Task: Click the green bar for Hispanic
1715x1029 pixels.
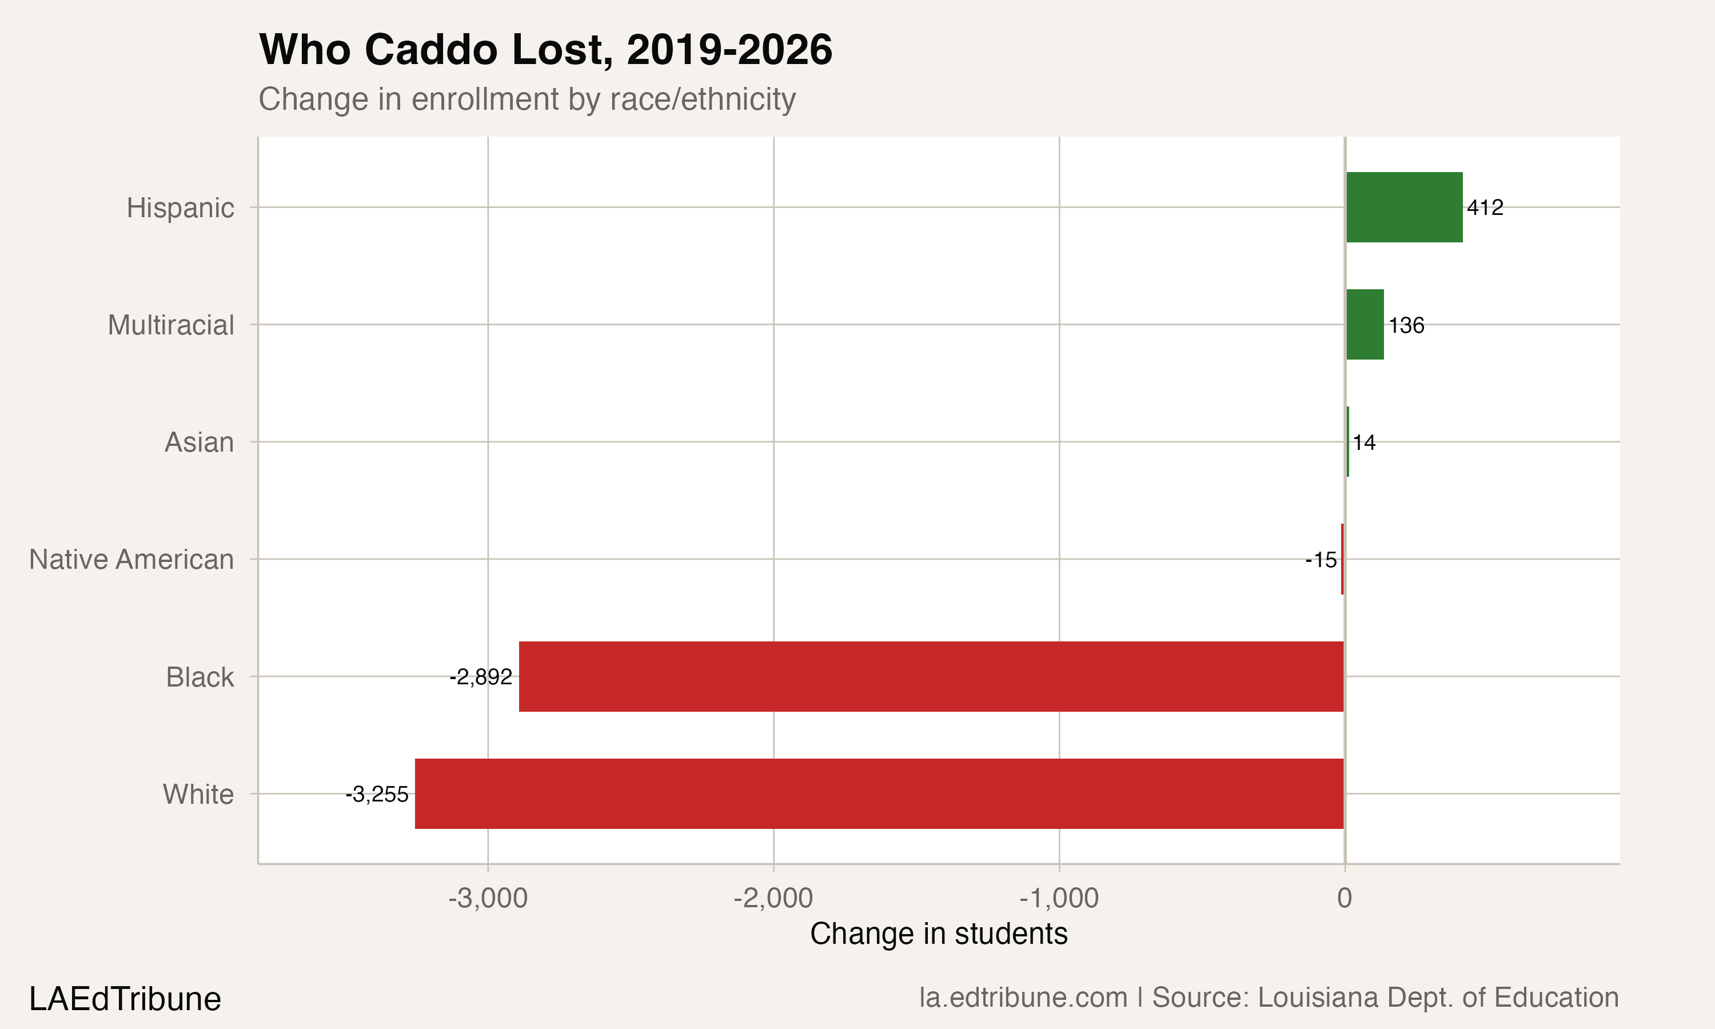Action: (1404, 208)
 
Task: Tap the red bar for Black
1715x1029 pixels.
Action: (931, 676)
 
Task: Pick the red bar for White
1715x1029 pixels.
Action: (879, 793)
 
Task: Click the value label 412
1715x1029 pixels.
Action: (1485, 208)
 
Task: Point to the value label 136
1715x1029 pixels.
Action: (1406, 325)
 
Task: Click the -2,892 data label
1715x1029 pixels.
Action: (481, 677)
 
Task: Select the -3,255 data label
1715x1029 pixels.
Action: (377, 794)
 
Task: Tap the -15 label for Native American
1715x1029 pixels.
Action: (1321, 560)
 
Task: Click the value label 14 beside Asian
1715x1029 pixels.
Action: (1363, 442)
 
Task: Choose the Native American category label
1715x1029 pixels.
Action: (131, 560)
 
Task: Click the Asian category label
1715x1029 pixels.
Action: (199, 442)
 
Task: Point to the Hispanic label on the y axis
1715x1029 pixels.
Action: (180, 208)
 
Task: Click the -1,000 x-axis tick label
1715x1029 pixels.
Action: (1059, 898)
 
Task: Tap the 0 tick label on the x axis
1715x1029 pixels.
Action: (1344, 898)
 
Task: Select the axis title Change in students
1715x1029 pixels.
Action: (939, 934)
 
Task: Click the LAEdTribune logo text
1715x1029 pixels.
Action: (125, 999)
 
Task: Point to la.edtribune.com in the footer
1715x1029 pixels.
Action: (1023, 998)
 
